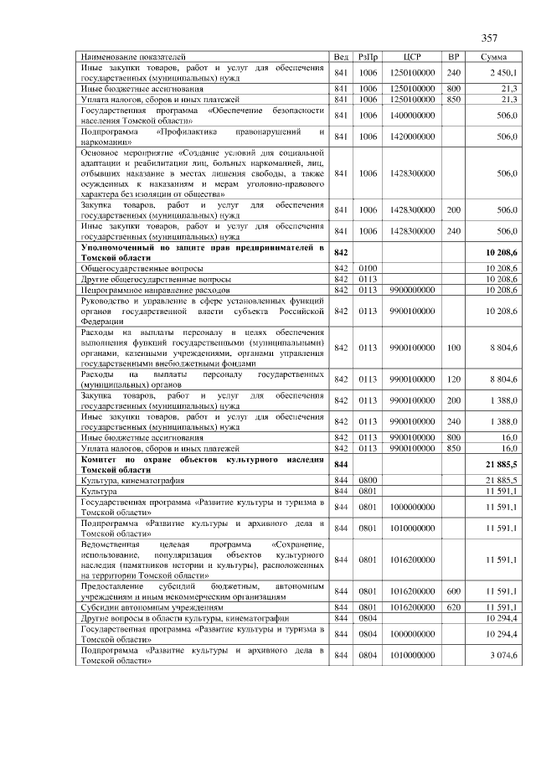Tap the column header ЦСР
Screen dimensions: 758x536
click(411, 57)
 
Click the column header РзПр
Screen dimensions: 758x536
click(368, 57)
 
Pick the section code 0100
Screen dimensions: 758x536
click(368, 267)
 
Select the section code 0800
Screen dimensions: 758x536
click(368, 479)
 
